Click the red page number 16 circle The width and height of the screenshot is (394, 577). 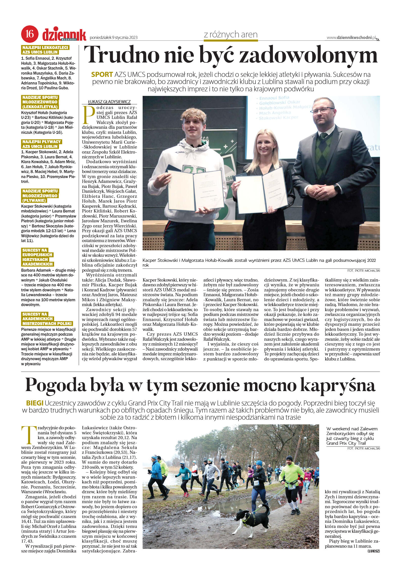[30, 34]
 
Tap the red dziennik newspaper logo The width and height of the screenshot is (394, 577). [64, 35]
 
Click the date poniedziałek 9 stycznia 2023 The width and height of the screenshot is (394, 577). [114, 38]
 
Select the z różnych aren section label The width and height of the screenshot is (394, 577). [231, 34]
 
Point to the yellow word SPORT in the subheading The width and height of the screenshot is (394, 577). [102, 75]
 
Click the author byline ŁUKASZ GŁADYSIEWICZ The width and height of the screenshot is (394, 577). [109, 102]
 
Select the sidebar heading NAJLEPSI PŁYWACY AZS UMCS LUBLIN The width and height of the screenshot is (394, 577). [41, 144]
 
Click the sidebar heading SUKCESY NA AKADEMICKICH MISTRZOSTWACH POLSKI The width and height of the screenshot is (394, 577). [47, 319]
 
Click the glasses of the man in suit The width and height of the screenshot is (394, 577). [322, 111]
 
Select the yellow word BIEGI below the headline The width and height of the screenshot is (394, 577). [35, 403]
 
